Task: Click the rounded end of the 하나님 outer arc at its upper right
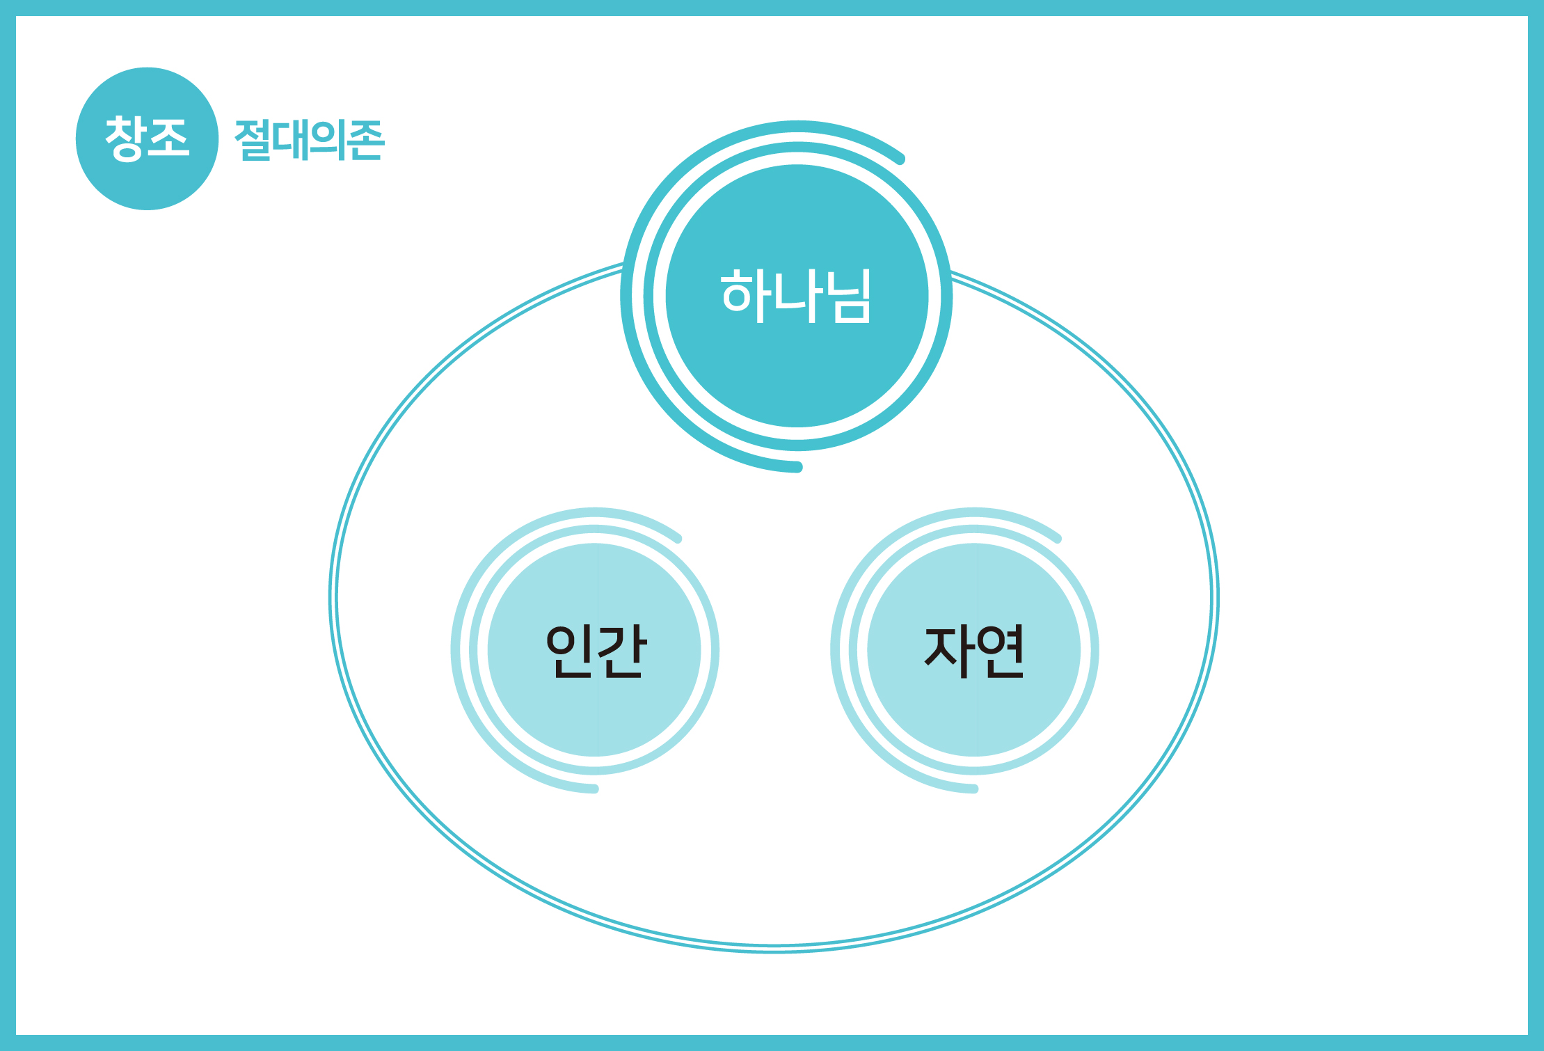pyautogui.click(x=900, y=159)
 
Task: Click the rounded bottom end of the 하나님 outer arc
pyautogui.click(x=797, y=466)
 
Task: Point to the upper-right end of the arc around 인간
pyautogui.click(x=678, y=538)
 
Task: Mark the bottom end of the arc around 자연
pyautogui.click(x=974, y=789)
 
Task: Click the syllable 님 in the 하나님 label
pyautogui.click(x=851, y=296)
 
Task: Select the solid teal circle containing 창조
pyautogui.click(x=148, y=139)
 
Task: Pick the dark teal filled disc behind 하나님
pyautogui.click(x=797, y=296)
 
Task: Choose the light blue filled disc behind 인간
pyautogui.click(x=594, y=649)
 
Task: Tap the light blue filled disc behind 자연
pyautogui.click(x=974, y=649)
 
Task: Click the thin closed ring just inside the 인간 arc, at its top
pyautogui.click(x=594, y=529)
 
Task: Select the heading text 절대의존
pyautogui.click(x=309, y=140)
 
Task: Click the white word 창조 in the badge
pyautogui.click(x=147, y=139)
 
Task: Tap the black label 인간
pyautogui.click(x=596, y=651)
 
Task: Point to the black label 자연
pyautogui.click(x=974, y=651)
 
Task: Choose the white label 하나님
pyautogui.click(x=796, y=296)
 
